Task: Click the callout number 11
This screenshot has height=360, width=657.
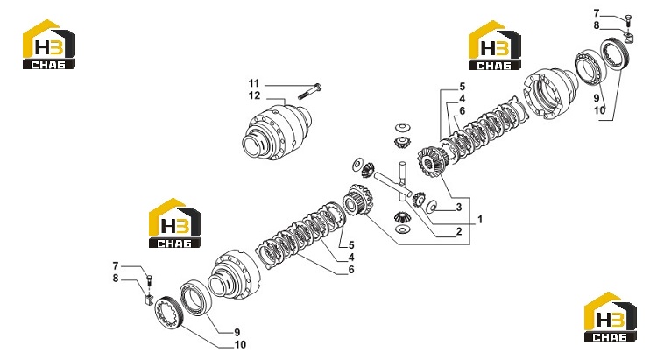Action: point(254,83)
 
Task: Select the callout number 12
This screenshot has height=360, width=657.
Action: point(254,95)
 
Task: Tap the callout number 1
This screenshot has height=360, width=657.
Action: point(480,219)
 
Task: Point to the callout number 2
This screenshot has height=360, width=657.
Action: point(459,231)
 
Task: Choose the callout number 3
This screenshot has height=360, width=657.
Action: point(459,207)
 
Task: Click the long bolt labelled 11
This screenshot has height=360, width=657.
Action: point(309,92)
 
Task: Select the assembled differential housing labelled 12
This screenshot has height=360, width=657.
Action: point(278,132)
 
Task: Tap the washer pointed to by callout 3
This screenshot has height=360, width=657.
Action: point(432,206)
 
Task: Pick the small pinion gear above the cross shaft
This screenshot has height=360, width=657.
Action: point(402,141)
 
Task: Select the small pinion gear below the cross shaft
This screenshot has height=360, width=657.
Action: point(402,217)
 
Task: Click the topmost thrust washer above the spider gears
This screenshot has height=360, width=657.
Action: point(403,126)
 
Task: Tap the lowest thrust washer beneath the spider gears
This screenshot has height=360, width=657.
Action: point(403,229)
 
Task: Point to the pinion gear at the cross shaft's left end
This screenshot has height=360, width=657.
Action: point(368,169)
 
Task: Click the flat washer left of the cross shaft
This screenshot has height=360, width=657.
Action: point(358,164)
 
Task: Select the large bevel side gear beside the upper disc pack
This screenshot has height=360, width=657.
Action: point(433,159)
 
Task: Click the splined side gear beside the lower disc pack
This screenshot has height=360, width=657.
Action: point(357,200)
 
